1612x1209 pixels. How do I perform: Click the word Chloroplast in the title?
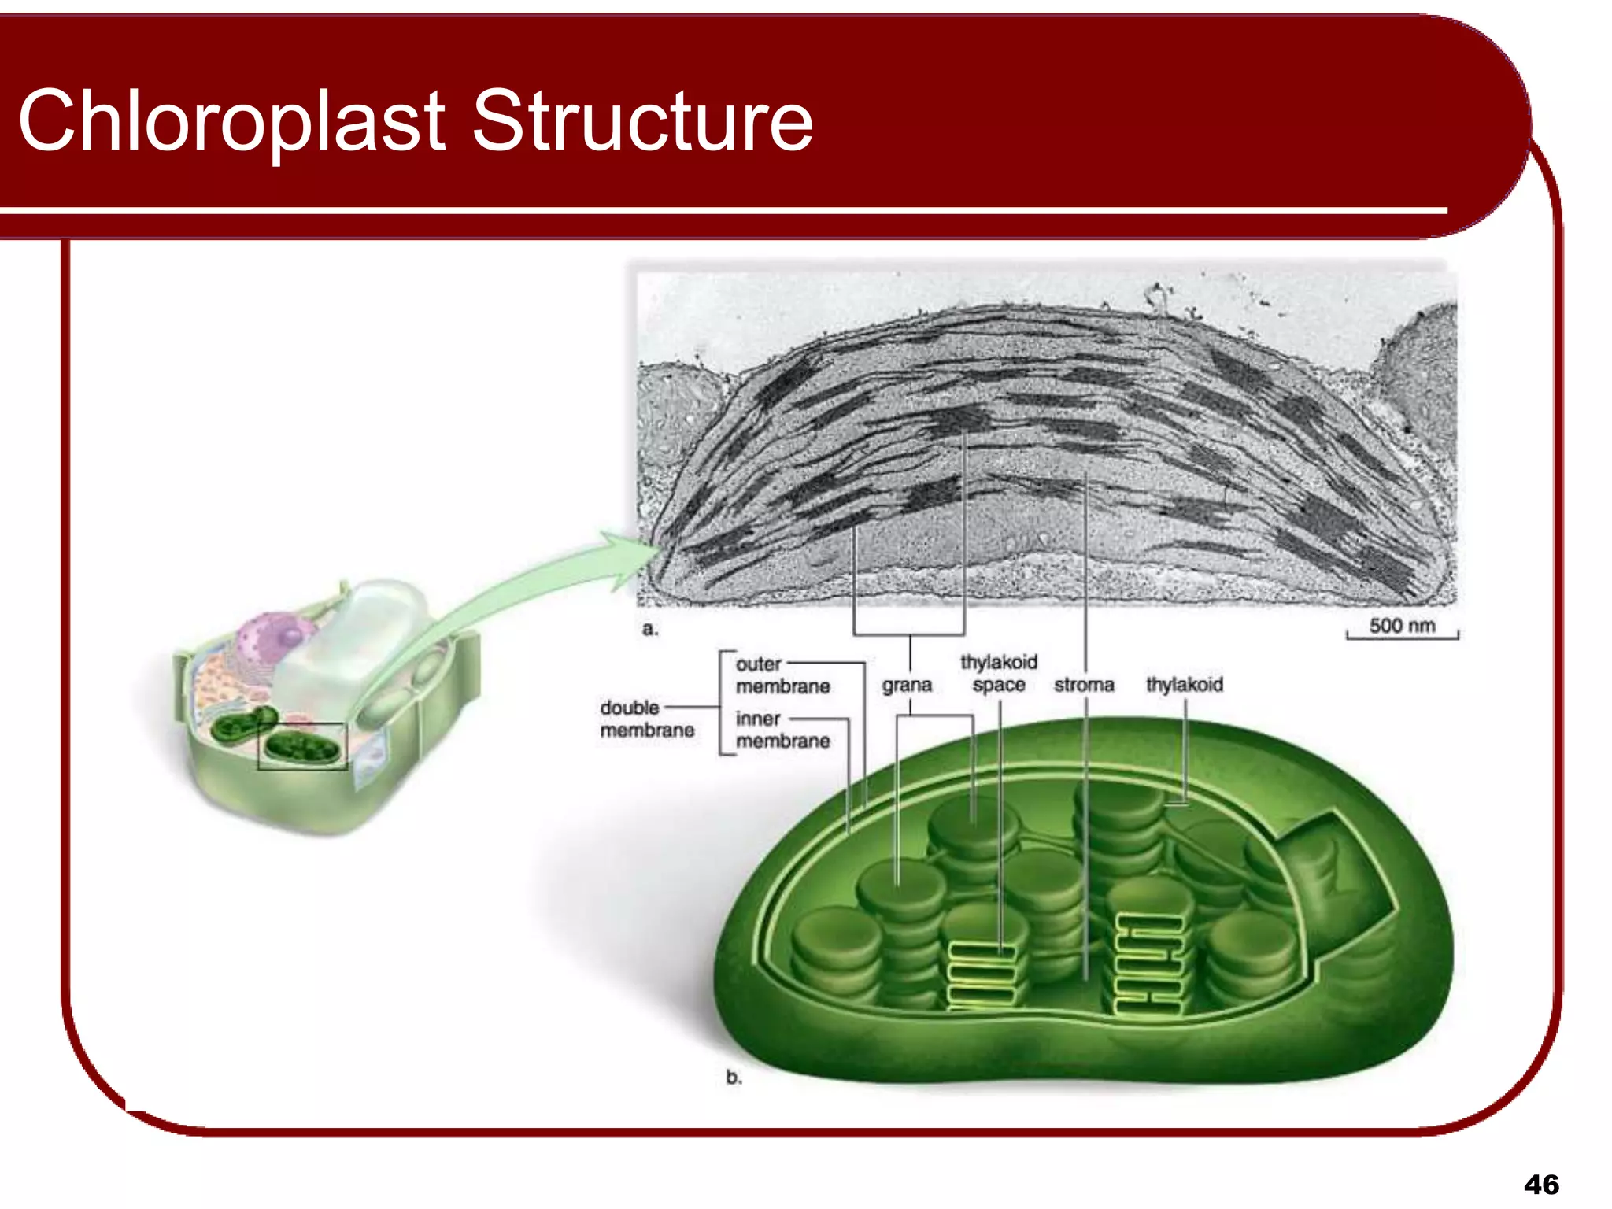point(232,122)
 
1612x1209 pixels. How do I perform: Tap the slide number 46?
point(1541,1185)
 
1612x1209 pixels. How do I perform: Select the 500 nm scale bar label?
point(1402,626)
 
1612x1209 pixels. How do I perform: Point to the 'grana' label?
point(907,685)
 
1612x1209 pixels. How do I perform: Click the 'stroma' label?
point(1084,685)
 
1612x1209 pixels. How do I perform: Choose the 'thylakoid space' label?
point(998,673)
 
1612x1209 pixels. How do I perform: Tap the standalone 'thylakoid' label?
point(1184,684)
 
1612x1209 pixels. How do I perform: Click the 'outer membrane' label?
point(782,675)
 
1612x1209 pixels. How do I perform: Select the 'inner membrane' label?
point(782,730)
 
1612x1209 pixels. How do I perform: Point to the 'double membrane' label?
point(647,719)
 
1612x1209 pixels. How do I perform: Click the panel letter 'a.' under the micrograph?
point(649,629)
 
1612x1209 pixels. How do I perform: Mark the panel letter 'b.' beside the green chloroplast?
point(734,1078)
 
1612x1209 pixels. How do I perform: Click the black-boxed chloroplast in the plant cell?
point(302,746)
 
